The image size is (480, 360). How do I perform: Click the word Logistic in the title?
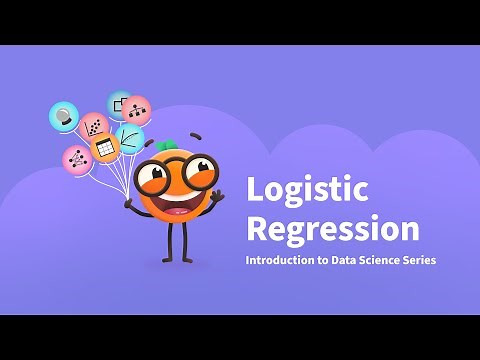tap(307, 190)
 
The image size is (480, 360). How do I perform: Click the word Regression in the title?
tap(332, 228)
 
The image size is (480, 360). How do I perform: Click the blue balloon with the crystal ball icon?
tap(64, 116)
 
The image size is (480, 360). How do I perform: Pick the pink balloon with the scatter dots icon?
tap(94, 126)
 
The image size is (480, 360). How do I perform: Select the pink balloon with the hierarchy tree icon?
tap(136, 110)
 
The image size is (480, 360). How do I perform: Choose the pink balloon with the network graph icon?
tap(76, 158)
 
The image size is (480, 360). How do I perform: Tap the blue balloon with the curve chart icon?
tap(130, 137)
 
